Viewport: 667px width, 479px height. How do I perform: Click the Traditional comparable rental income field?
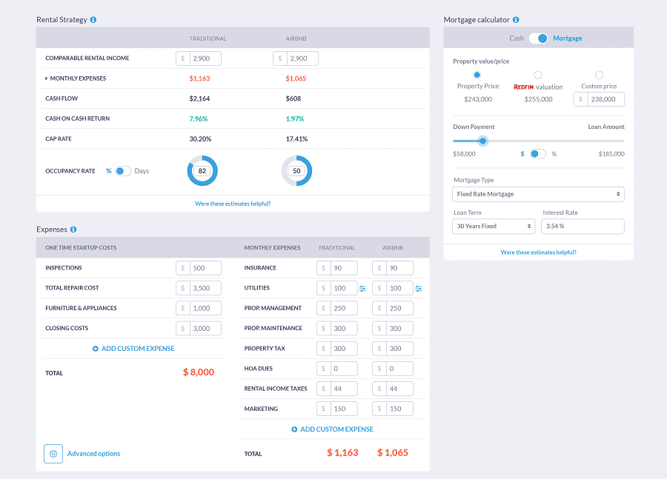point(205,58)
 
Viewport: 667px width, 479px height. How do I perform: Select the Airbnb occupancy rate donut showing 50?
point(296,171)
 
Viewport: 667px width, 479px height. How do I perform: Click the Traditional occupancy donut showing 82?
point(202,171)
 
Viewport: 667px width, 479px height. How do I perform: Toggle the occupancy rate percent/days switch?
point(123,171)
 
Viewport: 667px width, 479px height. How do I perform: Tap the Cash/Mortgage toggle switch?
point(538,38)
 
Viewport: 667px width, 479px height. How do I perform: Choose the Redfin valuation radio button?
point(538,75)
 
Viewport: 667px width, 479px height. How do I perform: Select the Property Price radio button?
point(477,75)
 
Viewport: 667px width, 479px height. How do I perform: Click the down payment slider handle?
point(483,141)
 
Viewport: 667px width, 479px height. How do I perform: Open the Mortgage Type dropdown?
point(538,194)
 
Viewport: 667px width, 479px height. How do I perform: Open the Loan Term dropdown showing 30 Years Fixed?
point(494,226)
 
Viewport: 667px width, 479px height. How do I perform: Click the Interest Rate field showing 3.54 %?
point(583,226)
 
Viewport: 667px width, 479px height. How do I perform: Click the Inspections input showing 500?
point(205,268)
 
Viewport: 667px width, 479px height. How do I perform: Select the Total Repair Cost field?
point(205,288)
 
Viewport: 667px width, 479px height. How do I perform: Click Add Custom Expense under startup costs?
point(134,348)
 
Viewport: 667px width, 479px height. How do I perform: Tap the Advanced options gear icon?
point(53,454)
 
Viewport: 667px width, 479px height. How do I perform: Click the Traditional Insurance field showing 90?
point(343,268)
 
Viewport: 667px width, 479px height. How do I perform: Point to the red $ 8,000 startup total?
point(199,372)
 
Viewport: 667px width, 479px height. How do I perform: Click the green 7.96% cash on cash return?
point(199,118)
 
